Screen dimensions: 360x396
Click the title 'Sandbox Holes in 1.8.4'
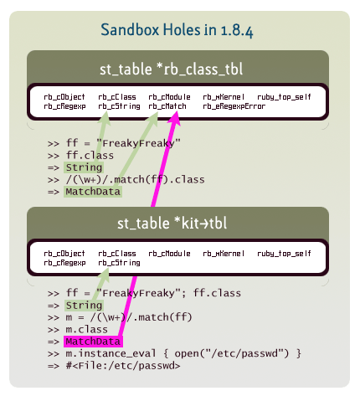(x=177, y=30)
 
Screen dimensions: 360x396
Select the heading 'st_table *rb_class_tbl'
(x=171, y=69)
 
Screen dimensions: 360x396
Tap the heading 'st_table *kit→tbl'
(x=172, y=224)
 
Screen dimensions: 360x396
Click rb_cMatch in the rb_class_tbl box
(x=167, y=106)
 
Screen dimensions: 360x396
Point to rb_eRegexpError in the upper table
(x=234, y=106)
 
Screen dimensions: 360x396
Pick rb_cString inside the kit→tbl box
(x=119, y=263)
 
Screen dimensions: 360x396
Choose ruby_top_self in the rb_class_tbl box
(x=284, y=97)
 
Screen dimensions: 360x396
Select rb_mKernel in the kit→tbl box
(x=224, y=254)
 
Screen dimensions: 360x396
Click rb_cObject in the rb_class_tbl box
(x=64, y=97)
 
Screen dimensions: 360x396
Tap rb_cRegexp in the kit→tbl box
(x=64, y=263)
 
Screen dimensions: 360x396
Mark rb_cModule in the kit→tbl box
(x=169, y=254)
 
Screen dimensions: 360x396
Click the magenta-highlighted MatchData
(x=93, y=342)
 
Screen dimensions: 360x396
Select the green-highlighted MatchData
(x=93, y=192)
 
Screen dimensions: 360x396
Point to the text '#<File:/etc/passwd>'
(x=123, y=366)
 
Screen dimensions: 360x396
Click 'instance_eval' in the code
(x=116, y=354)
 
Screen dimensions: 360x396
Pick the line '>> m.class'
(x=78, y=330)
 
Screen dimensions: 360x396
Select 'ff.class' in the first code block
(x=90, y=156)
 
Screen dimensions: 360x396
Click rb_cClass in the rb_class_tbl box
(x=117, y=97)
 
